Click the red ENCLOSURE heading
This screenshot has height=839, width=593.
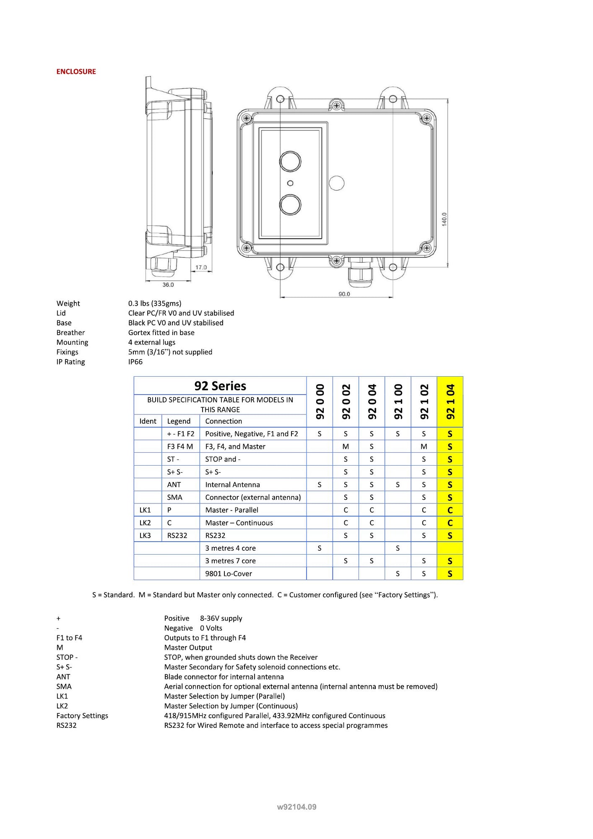(76, 71)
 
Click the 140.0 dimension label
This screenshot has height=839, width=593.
(444, 219)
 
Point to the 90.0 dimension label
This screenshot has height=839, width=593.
(344, 294)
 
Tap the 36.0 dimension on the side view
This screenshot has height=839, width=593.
(168, 285)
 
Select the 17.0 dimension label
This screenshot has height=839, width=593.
(201, 267)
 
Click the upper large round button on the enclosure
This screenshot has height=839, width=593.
(290, 162)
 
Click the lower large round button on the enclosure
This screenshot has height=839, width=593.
(290, 204)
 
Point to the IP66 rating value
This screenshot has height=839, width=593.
(135, 362)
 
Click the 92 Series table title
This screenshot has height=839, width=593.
(220, 386)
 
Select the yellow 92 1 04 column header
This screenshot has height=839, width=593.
(450, 401)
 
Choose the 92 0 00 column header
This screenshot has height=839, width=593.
(320, 401)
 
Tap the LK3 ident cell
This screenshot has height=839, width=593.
(145, 535)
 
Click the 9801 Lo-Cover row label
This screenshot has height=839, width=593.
(229, 573)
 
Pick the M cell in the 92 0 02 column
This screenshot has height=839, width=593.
(346, 447)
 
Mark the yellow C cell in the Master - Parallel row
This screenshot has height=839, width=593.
(450, 510)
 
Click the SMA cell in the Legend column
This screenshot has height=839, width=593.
(174, 497)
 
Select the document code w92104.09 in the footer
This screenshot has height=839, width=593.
(296, 807)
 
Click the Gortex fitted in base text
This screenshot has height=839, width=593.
(161, 332)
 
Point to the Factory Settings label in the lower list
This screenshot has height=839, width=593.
(82, 716)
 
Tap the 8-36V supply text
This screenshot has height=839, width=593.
(221, 618)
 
